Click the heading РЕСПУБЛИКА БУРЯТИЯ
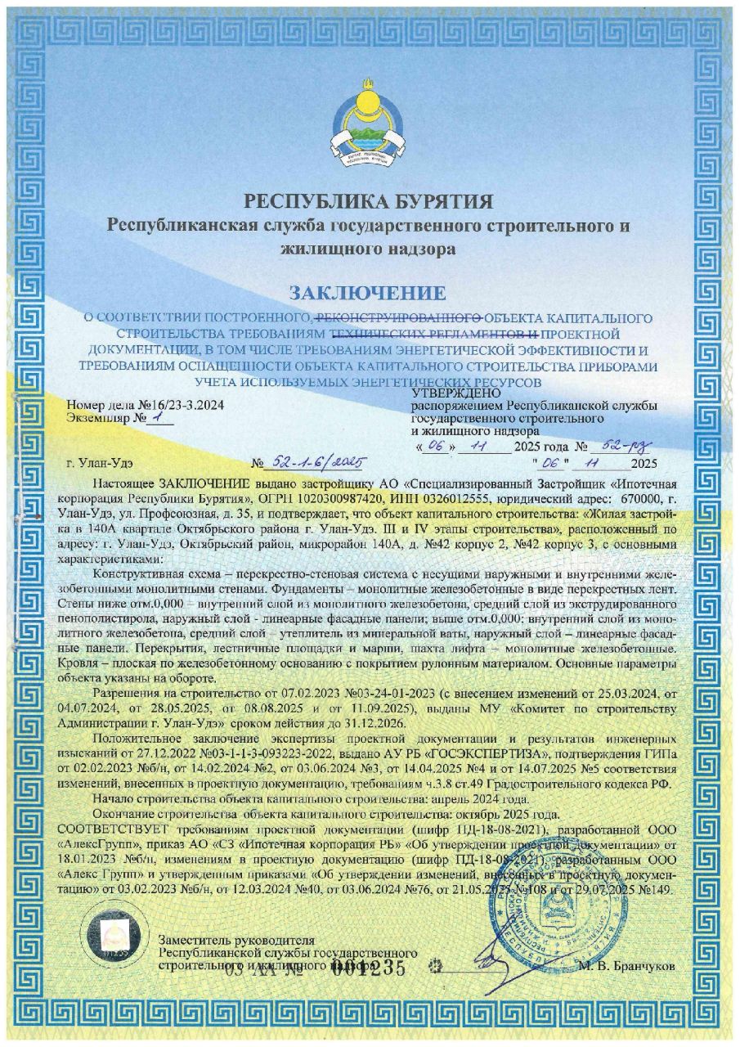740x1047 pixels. pyautogui.click(x=369, y=201)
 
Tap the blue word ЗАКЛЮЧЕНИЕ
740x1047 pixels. pyautogui.click(x=369, y=292)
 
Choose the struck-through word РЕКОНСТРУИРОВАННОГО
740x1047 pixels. pyautogui.click(x=397, y=317)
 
